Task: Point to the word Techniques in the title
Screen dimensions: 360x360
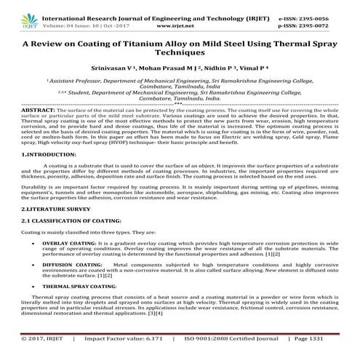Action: tap(180, 54)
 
